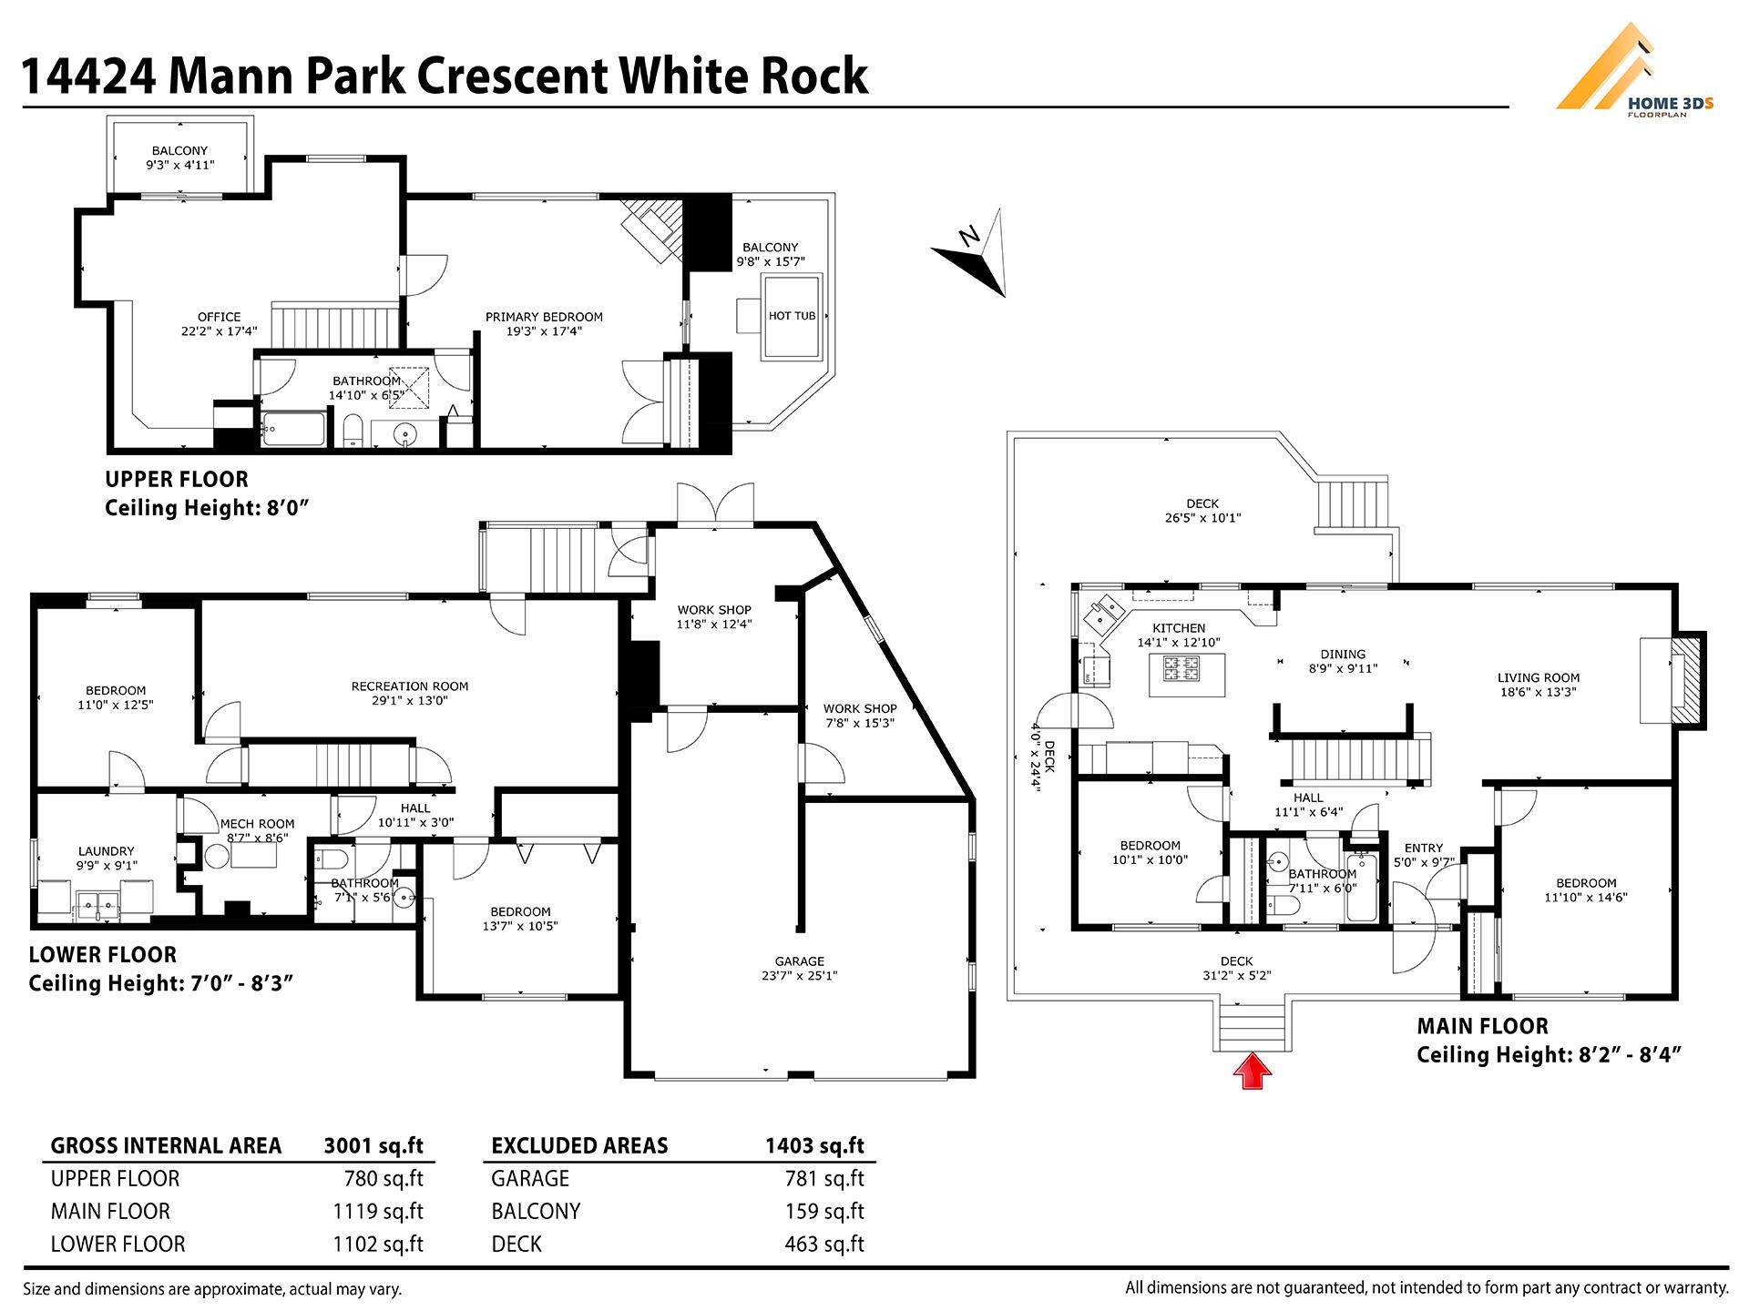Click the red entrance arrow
(x=1253, y=1071)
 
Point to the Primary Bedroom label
(x=544, y=324)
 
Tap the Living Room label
(x=1539, y=685)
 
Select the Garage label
(x=800, y=968)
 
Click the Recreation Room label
(x=410, y=694)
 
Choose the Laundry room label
(x=107, y=859)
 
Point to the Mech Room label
(x=257, y=830)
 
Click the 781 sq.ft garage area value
(x=824, y=1178)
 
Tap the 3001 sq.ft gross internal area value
(x=373, y=1145)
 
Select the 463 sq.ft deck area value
(x=824, y=1244)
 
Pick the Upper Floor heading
(x=177, y=479)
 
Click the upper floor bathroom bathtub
(x=292, y=430)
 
